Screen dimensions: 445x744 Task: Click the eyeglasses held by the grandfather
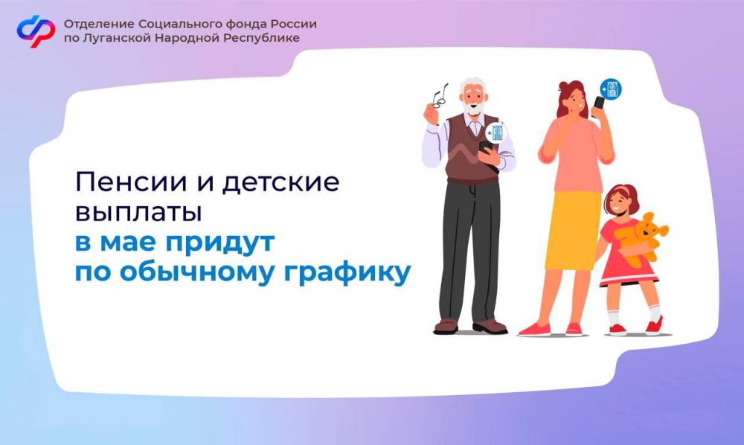pyautogui.click(x=439, y=95)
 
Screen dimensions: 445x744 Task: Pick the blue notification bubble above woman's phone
pyautogui.click(x=611, y=89)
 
